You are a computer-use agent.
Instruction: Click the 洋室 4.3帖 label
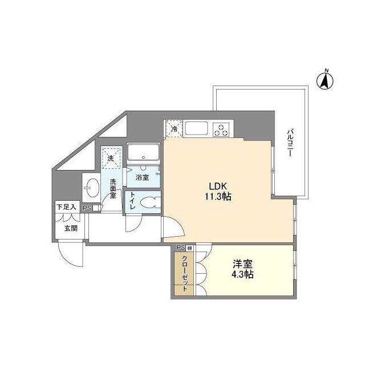point(242,269)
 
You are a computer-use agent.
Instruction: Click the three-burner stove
point(222,129)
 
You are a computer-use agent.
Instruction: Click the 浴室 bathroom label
point(143,177)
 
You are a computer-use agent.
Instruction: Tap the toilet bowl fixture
point(150,203)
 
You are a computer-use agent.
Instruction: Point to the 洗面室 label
point(113,188)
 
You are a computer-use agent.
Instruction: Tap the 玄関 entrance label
point(70,229)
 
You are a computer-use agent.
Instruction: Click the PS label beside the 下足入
point(87,209)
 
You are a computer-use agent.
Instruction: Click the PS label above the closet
point(180,248)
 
